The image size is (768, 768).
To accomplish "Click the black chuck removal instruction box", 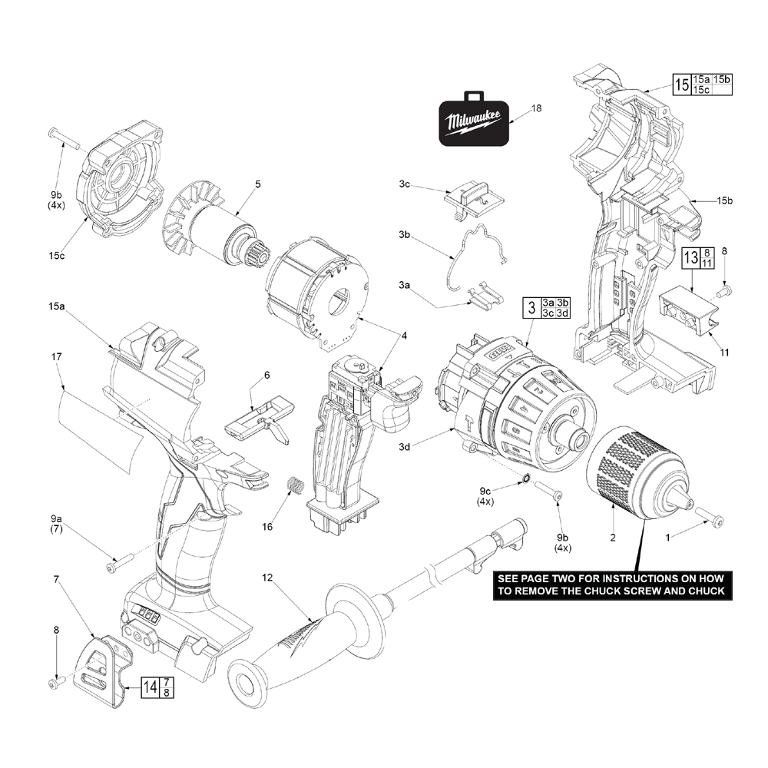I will coord(611,584).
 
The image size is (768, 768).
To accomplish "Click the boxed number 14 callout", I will coord(151,687).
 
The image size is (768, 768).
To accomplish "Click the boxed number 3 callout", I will coord(530,308).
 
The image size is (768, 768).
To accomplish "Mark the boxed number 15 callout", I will coord(680,84).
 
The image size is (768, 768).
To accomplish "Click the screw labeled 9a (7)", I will coord(120,566).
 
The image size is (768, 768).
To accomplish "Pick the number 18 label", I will coord(536,108).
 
